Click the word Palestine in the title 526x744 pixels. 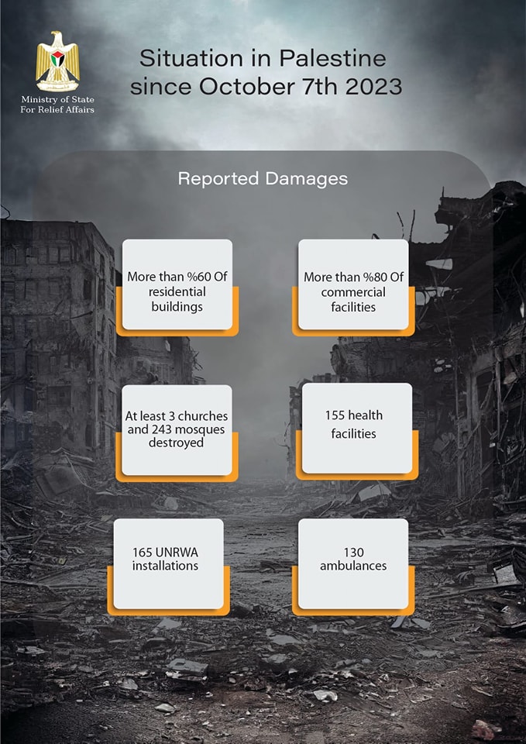[x=332, y=59]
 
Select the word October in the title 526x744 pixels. [x=246, y=87]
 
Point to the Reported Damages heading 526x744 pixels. [x=263, y=179]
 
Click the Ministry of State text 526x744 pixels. [x=57, y=100]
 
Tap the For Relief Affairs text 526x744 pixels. [x=57, y=109]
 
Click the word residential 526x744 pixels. [x=177, y=291]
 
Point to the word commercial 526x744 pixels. [x=353, y=292]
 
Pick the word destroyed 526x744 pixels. [x=176, y=443]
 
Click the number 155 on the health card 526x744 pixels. [x=335, y=415]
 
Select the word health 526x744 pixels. [x=365, y=415]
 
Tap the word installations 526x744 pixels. [x=165, y=566]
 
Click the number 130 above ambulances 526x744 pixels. [x=353, y=553]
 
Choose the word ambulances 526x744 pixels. [x=353, y=566]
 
